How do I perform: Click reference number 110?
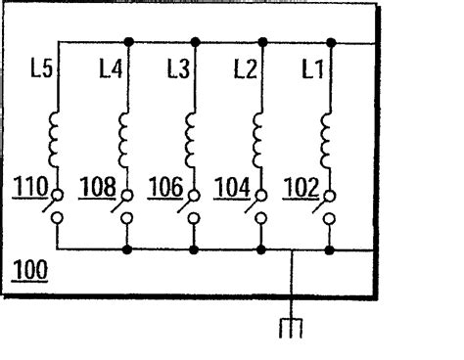pos(28,186)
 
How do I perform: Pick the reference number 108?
pos(97,186)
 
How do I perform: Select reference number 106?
pos(165,186)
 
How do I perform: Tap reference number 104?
pos(232,186)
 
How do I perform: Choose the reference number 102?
pos(300,186)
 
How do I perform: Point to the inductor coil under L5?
pos(57,140)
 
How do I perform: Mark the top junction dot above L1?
pos(330,42)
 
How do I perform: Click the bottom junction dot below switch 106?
pos(194,250)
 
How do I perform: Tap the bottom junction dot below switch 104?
pos(261,250)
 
